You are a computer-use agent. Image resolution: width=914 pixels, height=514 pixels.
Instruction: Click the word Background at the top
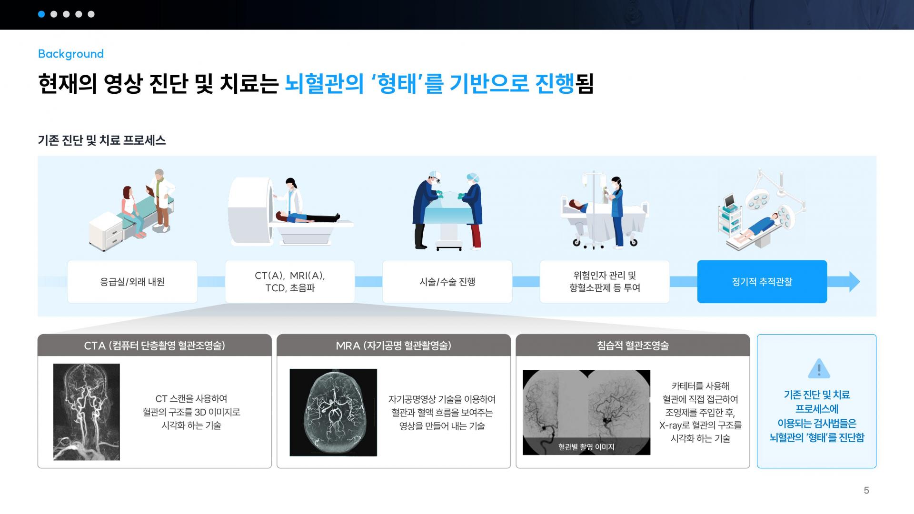pyautogui.click(x=71, y=54)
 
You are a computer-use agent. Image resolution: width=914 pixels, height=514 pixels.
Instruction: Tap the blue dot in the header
pyautogui.click(x=41, y=14)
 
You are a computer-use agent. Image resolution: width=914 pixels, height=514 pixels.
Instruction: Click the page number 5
pyautogui.click(x=866, y=490)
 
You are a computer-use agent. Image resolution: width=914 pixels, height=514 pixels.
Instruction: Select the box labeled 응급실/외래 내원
pyautogui.click(x=132, y=282)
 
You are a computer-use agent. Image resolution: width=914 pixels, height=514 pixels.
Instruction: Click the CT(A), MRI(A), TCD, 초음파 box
pyautogui.click(x=290, y=282)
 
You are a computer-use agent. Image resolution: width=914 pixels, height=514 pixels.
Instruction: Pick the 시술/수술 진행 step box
pyautogui.click(x=447, y=282)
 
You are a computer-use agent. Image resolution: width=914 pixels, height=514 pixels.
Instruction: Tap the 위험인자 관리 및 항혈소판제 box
pyautogui.click(x=605, y=282)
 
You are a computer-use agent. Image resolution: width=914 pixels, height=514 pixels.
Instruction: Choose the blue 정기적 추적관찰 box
pyautogui.click(x=762, y=282)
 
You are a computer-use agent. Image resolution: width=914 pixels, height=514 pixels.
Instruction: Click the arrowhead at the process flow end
pyautogui.click(x=854, y=282)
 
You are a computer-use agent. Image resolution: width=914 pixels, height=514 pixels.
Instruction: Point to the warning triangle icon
pyautogui.click(x=819, y=368)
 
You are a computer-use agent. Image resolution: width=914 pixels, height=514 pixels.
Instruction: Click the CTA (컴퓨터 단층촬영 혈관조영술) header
pyautogui.click(x=155, y=346)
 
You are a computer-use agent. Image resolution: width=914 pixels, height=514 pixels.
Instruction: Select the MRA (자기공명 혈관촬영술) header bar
pyautogui.click(x=394, y=346)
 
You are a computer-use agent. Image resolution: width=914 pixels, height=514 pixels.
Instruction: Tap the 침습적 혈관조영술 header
pyautogui.click(x=633, y=346)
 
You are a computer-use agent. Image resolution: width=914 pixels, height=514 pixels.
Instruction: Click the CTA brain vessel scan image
pyautogui.click(x=87, y=412)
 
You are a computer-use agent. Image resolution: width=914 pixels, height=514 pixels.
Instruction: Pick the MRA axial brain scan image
pyautogui.click(x=333, y=413)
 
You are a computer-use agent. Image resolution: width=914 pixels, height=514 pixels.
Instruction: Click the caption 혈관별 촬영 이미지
pyautogui.click(x=586, y=447)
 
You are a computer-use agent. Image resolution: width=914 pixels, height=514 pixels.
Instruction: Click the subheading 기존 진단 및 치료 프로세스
pyautogui.click(x=102, y=140)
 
